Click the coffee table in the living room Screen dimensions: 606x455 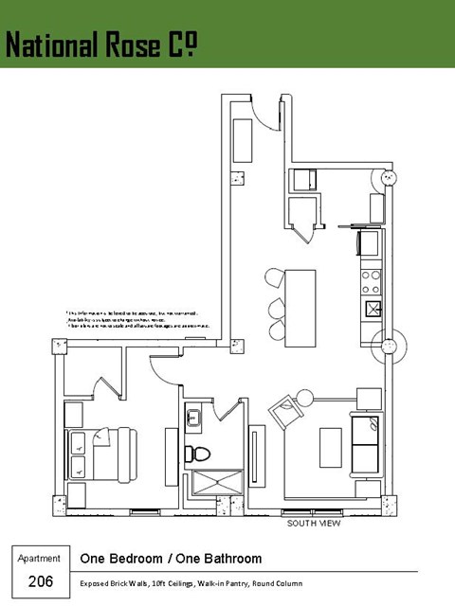(330, 443)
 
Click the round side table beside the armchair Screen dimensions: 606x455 (303, 397)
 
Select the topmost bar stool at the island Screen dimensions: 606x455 (275, 277)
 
